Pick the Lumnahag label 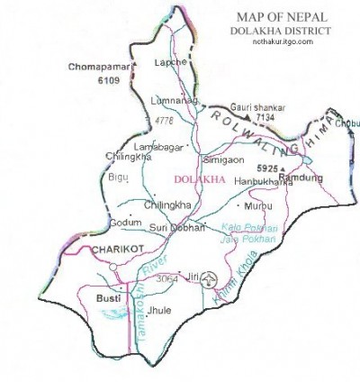point(175,102)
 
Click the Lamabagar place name point(154,143)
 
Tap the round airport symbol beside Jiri point(209,277)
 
